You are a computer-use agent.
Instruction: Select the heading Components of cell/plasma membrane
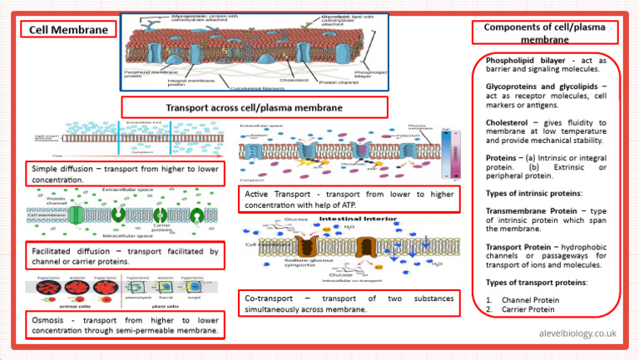[x=545, y=32]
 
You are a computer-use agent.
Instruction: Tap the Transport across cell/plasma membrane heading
[x=255, y=107]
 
